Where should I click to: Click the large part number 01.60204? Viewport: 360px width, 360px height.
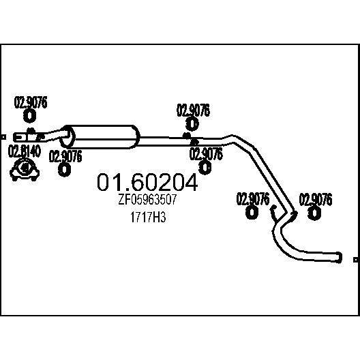[x=147, y=182]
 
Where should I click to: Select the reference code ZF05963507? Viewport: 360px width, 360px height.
[x=147, y=199]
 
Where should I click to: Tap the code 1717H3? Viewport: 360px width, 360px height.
[x=148, y=217]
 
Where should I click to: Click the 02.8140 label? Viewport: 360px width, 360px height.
[x=25, y=151]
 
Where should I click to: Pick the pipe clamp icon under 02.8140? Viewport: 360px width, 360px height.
[x=25, y=169]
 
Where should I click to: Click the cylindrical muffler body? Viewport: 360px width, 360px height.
[x=100, y=137]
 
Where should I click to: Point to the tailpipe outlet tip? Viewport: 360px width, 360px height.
[x=340, y=257]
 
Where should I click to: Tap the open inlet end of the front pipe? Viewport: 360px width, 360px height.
[x=16, y=137]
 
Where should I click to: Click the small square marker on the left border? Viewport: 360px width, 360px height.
[x=3, y=137]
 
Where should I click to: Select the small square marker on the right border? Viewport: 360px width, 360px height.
[x=356, y=260]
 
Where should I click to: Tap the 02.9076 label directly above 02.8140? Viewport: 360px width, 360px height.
[x=31, y=102]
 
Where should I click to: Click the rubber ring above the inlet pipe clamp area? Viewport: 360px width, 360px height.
[x=29, y=116]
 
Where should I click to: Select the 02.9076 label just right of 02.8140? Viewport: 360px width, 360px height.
[x=65, y=156]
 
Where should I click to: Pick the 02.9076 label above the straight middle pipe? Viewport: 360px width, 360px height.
[x=193, y=110]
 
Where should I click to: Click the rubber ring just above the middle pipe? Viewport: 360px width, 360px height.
[x=192, y=124]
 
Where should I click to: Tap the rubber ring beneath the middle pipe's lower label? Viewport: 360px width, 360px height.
[x=205, y=168]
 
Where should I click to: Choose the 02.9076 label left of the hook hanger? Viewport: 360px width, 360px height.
[x=253, y=199]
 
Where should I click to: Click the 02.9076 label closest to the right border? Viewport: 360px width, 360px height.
[x=316, y=200]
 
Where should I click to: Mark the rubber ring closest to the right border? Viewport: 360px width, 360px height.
[x=314, y=213]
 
